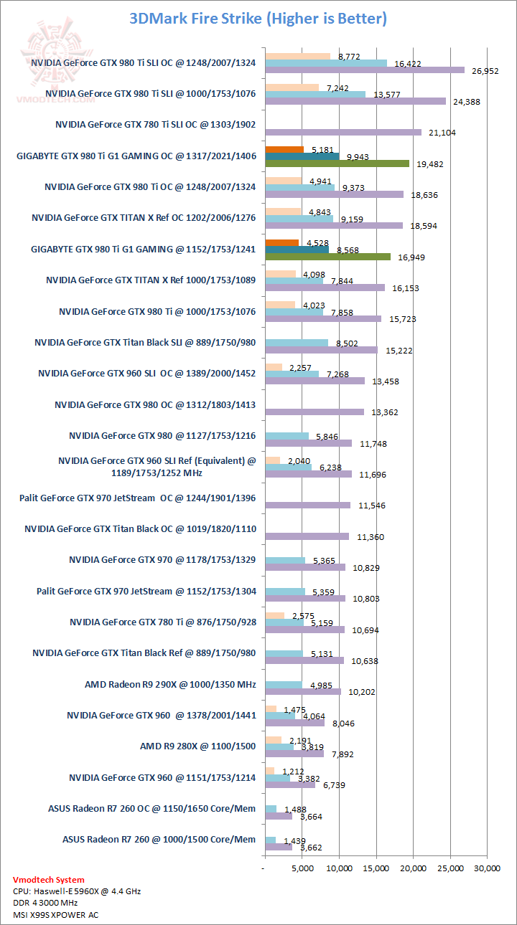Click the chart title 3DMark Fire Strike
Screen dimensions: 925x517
(x=258, y=19)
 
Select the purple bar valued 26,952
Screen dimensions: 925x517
(x=365, y=70)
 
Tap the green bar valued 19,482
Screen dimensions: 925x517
(x=337, y=163)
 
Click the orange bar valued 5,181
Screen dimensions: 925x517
(x=284, y=150)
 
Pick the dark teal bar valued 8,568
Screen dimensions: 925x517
(x=297, y=250)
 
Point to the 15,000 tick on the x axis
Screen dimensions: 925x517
(x=376, y=869)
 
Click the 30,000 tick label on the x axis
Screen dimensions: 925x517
(x=487, y=869)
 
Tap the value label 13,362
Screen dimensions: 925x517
(x=384, y=412)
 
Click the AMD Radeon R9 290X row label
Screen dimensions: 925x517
(x=170, y=685)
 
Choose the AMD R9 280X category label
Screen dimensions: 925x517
(x=197, y=746)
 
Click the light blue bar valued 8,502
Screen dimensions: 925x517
(x=297, y=343)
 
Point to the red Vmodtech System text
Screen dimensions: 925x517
(x=49, y=880)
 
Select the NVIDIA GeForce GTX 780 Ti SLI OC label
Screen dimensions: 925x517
(x=155, y=125)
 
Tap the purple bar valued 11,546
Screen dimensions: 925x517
(x=308, y=505)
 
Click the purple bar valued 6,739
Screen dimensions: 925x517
(x=290, y=784)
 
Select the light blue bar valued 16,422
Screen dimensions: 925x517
(x=326, y=63)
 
